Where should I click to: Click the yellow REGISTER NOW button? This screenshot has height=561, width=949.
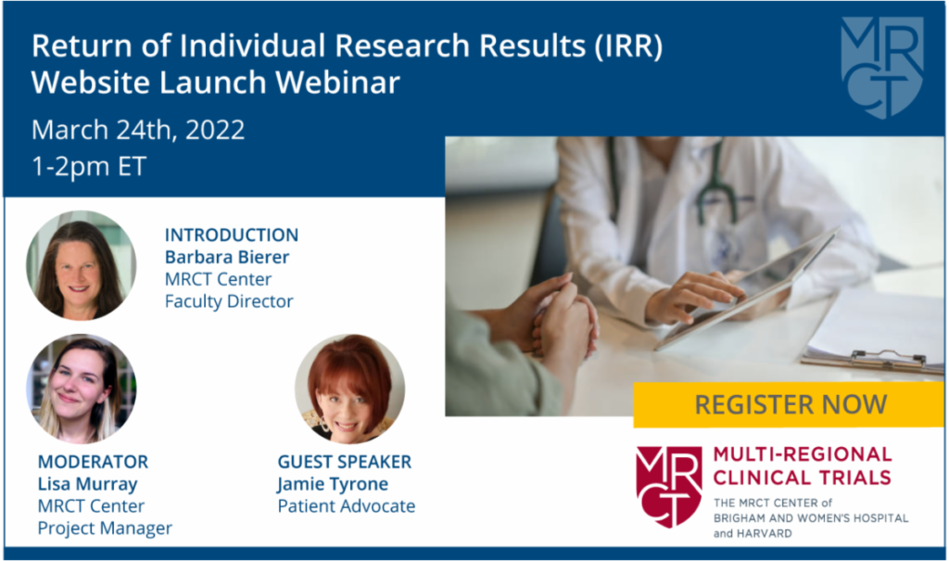tap(790, 404)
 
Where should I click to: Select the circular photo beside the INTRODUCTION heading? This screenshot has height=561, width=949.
tap(82, 265)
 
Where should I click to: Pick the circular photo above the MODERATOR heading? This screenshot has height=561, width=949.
tap(82, 389)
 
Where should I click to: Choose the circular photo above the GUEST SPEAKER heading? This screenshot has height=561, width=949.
tap(349, 389)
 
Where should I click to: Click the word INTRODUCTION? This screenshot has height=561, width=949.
tap(231, 235)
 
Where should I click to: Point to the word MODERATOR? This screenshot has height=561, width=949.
tap(93, 462)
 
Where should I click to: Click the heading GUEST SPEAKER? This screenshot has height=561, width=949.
tap(344, 462)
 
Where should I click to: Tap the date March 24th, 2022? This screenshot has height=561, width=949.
tap(138, 130)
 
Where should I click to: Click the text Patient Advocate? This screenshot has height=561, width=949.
tap(346, 506)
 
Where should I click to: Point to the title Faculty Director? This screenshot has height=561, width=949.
tap(228, 301)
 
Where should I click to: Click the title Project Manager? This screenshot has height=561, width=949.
tap(105, 529)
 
